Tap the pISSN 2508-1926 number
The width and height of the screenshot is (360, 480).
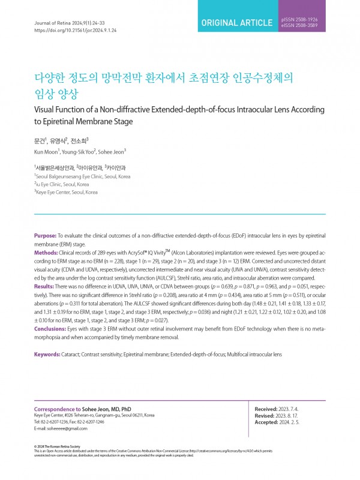click(299, 20)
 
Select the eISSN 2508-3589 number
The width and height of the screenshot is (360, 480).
click(299, 27)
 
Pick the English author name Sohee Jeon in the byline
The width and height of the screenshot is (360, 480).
click(112, 151)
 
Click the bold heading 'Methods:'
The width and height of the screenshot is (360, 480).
click(47, 253)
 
